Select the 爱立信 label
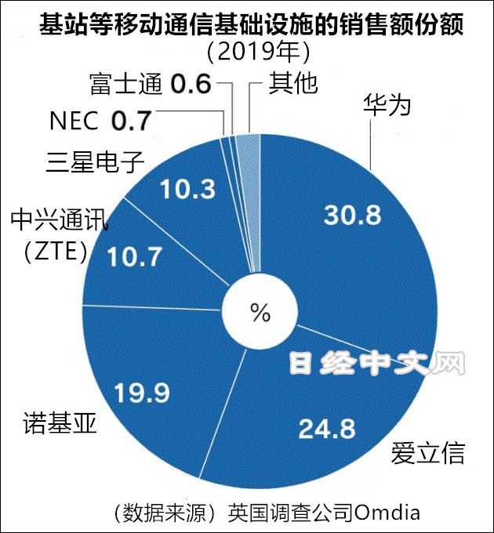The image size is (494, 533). [427, 453]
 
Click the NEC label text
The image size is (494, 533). [74, 121]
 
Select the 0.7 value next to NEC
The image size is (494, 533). [129, 121]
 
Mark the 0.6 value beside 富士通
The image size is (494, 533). [191, 83]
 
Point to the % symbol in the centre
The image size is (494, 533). [260, 313]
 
